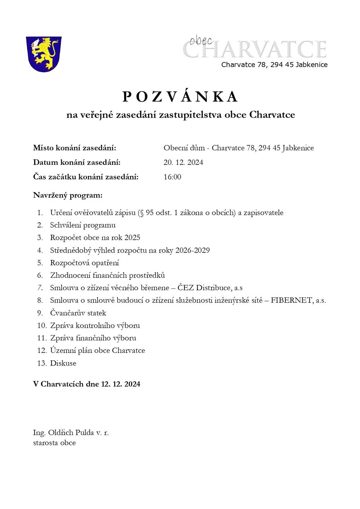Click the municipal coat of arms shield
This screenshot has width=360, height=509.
[x=44, y=54]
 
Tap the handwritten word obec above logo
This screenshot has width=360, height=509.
[x=201, y=41]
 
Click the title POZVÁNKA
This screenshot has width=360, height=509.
[x=180, y=97]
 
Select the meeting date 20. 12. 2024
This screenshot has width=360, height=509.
[x=183, y=162]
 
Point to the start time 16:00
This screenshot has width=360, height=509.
[x=172, y=177]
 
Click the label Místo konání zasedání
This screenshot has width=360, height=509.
[x=74, y=148]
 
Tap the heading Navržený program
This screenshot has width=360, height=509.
[x=68, y=195]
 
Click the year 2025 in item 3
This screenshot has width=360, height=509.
[x=132, y=238]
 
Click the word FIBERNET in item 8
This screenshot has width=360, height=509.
[x=291, y=300]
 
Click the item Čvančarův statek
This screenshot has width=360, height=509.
[x=78, y=313]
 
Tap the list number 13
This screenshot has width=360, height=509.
[x=42, y=363]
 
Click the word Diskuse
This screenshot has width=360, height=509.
[x=63, y=363]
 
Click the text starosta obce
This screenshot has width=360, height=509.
[x=54, y=443]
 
